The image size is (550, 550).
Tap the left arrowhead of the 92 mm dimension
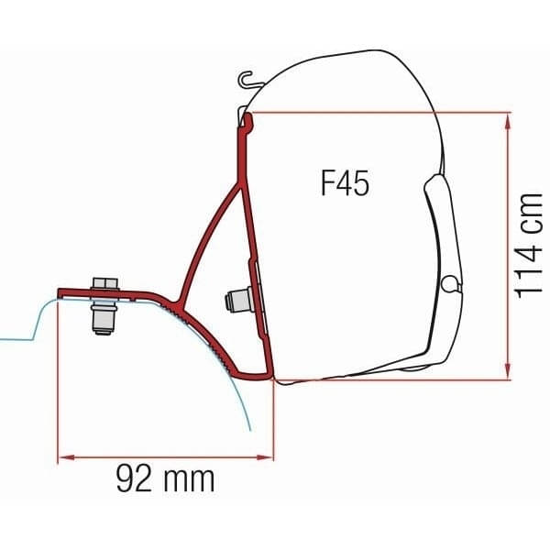63,456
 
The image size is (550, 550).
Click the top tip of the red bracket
244,119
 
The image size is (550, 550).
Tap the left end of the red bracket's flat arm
60,293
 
